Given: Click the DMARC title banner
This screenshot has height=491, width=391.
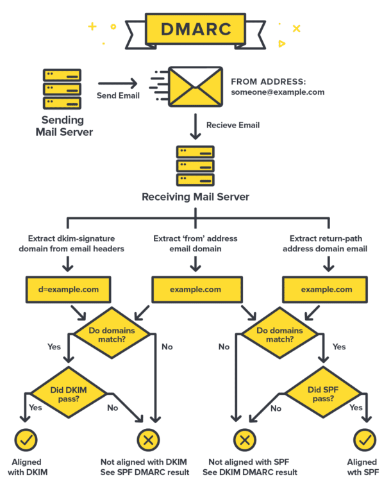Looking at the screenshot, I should coord(195,29).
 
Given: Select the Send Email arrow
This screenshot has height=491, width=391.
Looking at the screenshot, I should coord(118,83).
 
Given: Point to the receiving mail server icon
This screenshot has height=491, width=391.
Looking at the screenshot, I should coord(195,165).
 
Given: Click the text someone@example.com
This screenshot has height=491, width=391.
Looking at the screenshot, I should coord(278,92).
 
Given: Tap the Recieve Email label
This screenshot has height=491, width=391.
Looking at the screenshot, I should coord(233,126).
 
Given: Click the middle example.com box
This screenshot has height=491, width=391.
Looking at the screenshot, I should coord(195,290).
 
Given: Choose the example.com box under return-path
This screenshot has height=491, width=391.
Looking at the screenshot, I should coord(326,290).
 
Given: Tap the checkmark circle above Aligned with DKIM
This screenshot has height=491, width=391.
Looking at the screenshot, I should coord(26,440).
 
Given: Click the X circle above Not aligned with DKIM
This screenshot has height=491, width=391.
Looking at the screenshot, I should coord(149,440).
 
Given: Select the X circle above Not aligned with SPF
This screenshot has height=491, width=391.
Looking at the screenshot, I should coord(244,440).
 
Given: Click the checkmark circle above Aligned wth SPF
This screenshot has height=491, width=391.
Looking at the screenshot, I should coord(365,440).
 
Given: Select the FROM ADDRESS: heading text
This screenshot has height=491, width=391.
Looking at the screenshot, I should coord(269,81).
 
